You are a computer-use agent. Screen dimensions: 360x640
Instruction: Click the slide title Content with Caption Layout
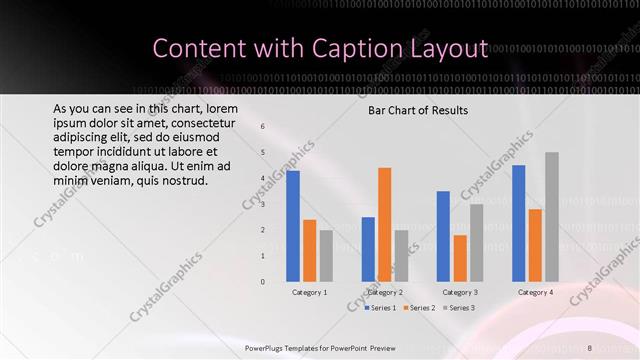click(320, 48)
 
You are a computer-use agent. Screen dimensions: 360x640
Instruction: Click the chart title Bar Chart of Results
click(418, 110)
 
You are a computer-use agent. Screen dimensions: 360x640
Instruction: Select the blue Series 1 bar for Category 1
click(293, 226)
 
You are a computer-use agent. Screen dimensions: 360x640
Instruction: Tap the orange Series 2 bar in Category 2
click(385, 224)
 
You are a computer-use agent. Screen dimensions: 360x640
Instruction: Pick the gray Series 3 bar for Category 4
click(552, 216)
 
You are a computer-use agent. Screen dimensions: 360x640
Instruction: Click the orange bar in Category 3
click(460, 258)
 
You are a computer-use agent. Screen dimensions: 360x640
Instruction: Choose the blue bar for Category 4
click(519, 223)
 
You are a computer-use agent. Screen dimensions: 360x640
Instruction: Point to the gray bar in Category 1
click(326, 255)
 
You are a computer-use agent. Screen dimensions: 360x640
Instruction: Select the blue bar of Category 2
click(368, 249)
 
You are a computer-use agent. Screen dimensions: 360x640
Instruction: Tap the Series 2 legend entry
click(418, 308)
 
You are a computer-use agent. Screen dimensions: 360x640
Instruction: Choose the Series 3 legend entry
click(459, 308)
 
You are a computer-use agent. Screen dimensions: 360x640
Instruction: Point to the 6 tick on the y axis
click(262, 127)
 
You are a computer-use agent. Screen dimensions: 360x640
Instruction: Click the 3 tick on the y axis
click(262, 204)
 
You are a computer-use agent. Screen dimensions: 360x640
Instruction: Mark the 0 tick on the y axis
click(262, 281)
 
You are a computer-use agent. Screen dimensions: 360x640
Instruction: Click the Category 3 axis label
click(460, 292)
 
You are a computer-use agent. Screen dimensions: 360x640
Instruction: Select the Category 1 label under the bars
click(310, 292)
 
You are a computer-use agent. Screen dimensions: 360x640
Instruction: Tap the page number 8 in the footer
click(590, 348)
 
